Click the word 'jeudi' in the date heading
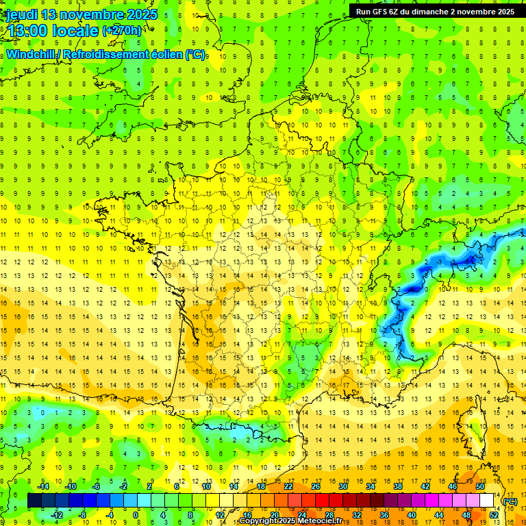[21, 14]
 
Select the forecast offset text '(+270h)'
[122, 31]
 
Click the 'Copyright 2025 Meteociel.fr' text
[291, 521]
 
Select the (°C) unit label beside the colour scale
[510, 501]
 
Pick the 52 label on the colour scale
[494, 515]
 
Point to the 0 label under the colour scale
[136, 515]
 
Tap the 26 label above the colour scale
[315, 486]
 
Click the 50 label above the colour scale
[480, 486]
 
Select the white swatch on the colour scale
[487, 501]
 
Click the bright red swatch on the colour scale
[322, 501]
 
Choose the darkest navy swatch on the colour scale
[34, 501]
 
